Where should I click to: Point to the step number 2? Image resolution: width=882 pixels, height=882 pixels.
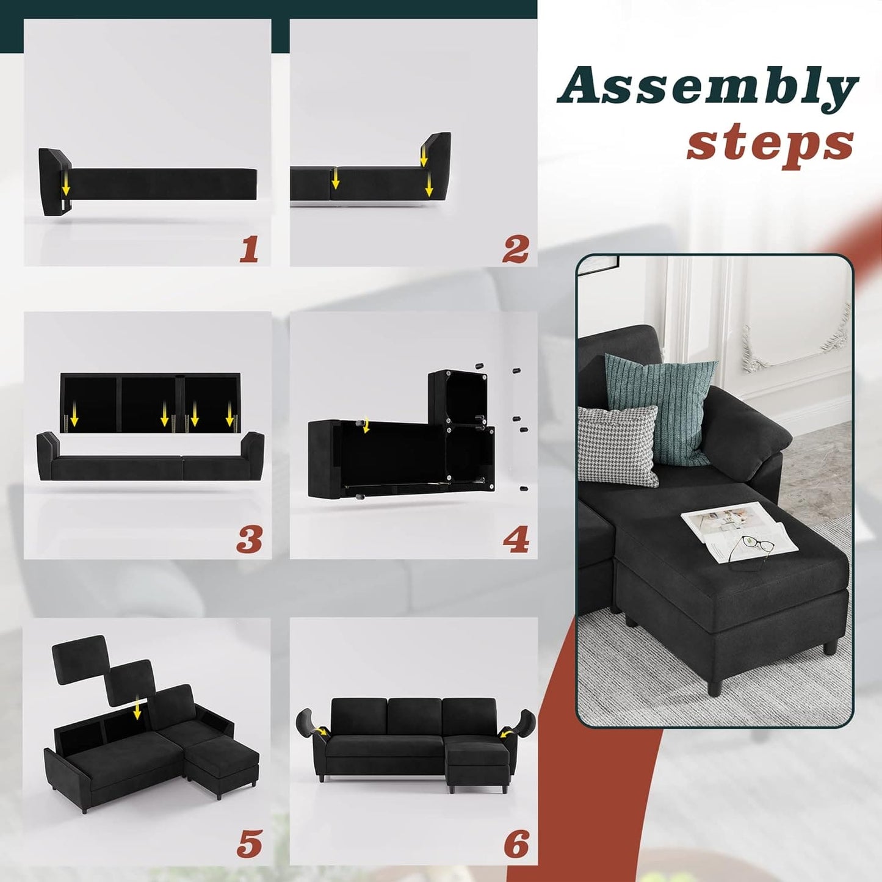515,250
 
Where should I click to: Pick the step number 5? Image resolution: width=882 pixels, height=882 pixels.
250,842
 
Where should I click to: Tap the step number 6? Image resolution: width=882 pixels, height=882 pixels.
516,842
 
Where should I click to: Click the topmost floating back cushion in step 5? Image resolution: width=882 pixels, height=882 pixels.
79,659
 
